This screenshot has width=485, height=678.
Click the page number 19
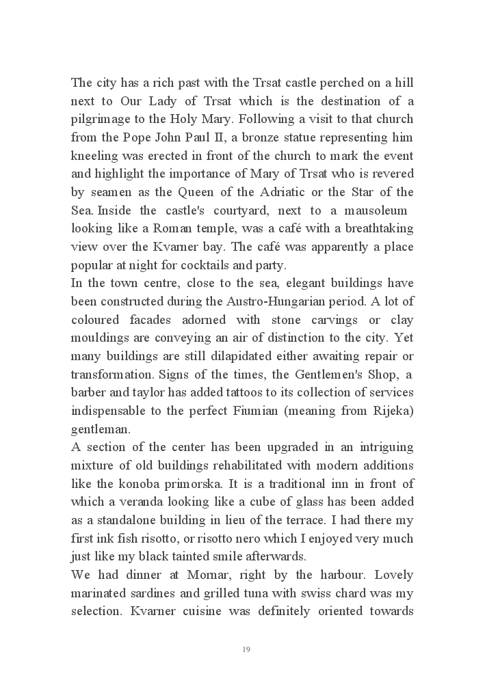246,649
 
